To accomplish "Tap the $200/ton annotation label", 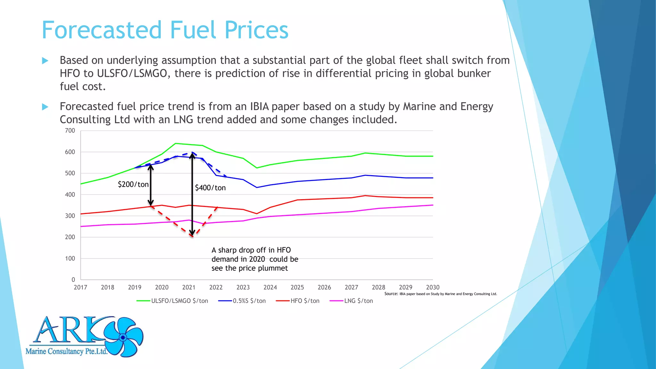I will pyautogui.click(x=133, y=184).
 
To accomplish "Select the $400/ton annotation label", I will pyautogui.click(x=210, y=188).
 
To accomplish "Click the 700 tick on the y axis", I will pyautogui.click(x=70, y=131).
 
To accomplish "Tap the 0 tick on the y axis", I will pyautogui.click(x=73, y=280).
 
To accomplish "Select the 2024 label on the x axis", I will pyautogui.click(x=270, y=287).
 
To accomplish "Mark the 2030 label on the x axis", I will pyautogui.click(x=432, y=287).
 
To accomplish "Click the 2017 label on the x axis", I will pyautogui.click(x=80, y=287).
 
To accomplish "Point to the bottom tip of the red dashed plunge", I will pyautogui.click(x=192, y=236).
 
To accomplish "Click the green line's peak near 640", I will pyautogui.click(x=176, y=143).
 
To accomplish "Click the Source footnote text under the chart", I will pyautogui.click(x=440, y=294).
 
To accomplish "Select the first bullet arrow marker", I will pyautogui.click(x=45, y=61).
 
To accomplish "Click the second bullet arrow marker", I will pyautogui.click(x=45, y=107).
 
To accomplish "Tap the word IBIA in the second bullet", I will pyautogui.click(x=260, y=106).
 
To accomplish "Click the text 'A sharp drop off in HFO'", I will pyautogui.click(x=251, y=250).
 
